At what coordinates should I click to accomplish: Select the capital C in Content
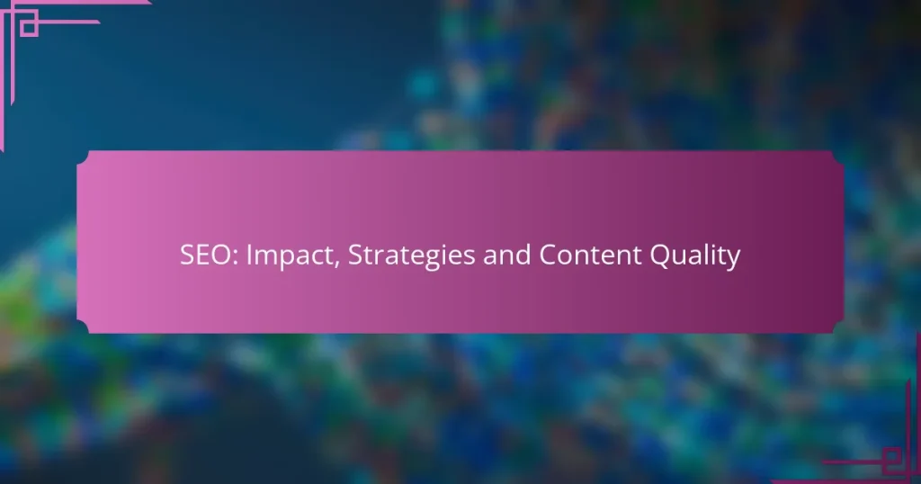[548, 256]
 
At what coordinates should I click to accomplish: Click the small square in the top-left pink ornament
[28, 28]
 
